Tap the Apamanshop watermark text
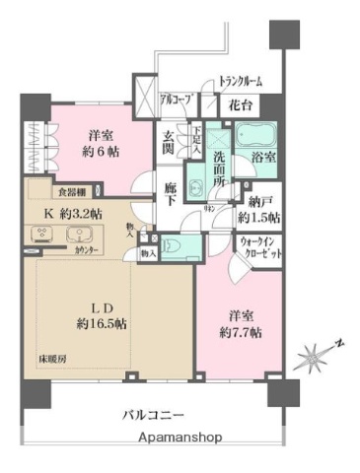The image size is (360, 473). coord(180,437)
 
